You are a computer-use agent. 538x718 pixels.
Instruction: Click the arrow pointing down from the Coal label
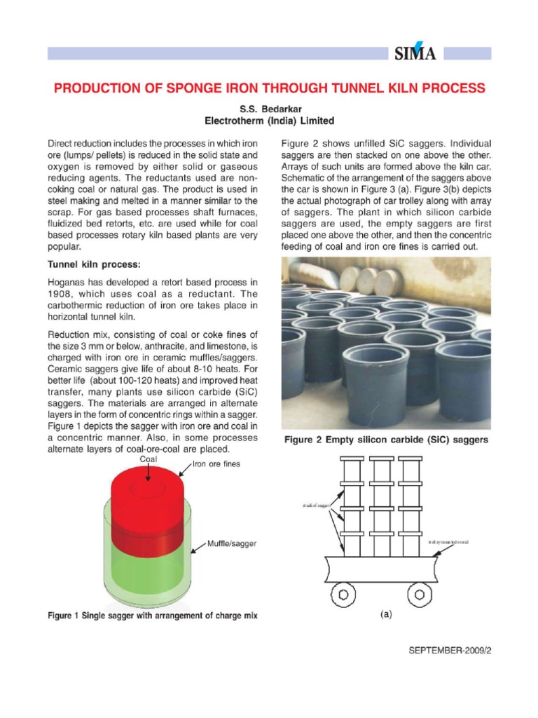point(148,473)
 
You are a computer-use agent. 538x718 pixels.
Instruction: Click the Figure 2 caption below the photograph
point(385,440)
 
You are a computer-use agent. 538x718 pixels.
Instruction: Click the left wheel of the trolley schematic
point(343,594)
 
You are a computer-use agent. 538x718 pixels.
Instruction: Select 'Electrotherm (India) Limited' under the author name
point(269,120)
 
